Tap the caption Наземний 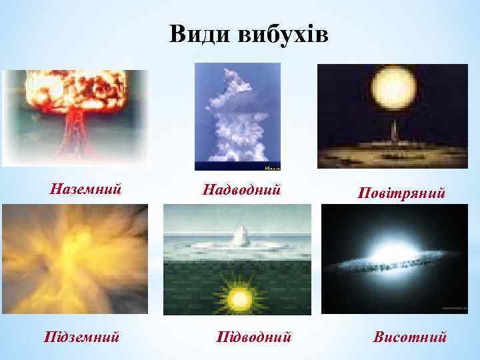click(86, 189)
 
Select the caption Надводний click(242, 190)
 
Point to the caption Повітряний click(401, 194)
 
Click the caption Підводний click(254, 336)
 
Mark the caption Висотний click(409, 335)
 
